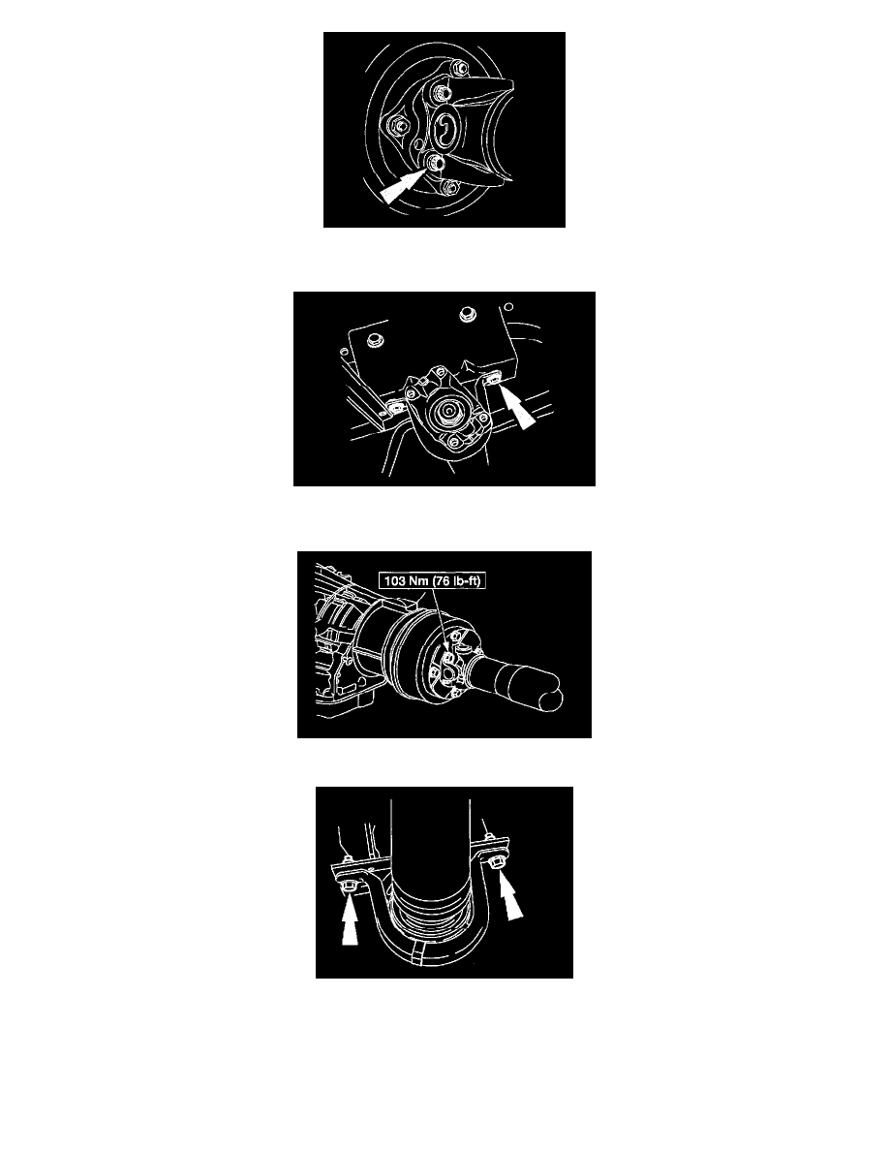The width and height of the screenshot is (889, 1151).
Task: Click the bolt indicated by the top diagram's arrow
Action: point(434,160)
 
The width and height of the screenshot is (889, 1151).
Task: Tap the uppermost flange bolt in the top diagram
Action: point(458,68)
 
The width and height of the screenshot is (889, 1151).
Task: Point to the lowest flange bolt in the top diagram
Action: point(450,188)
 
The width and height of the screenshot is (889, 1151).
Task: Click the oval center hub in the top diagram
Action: point(447,130)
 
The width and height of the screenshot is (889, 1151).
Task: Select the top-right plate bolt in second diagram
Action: point(467,316)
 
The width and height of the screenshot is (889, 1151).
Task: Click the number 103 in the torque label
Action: point(394,580)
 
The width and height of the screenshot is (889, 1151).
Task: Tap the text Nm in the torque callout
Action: point(418,580)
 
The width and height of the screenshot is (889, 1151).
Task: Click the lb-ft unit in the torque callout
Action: point(466,580)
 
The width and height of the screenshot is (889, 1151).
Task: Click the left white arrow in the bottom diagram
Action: point(350,922)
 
